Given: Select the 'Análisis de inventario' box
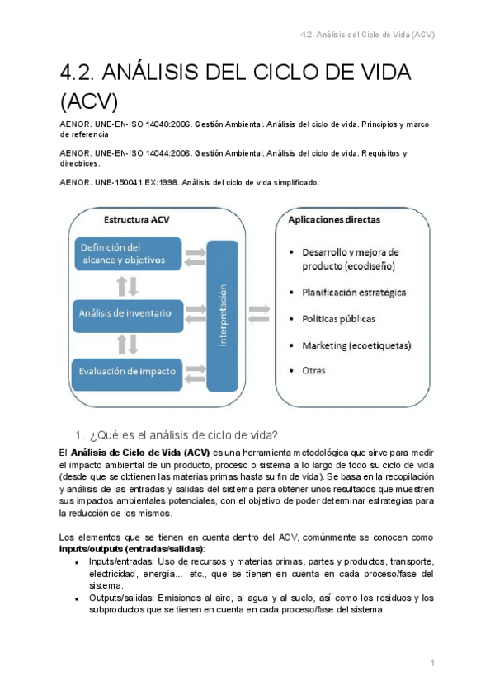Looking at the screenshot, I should pyautogui.click(x=125, y=312).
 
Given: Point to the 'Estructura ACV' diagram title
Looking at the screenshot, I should pyautogui.click(x=138, y=220).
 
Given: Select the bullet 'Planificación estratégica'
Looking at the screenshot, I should pyautogui.click(x=354, y=292).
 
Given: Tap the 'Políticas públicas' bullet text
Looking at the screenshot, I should pyautogui.click(x=339, y=318).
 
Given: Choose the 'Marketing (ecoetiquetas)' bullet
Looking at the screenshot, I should pyautogui.click(x=356, y=345).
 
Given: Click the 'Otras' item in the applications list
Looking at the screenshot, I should pyautogui.click(x=313, y=371).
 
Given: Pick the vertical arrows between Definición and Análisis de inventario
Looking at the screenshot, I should pyautogui.click(x=128, y=284).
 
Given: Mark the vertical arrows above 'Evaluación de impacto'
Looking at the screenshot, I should pyautogui.click(x=128, y=342).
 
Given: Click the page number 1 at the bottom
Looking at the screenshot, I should pyautogui.click(x=432, y=662).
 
